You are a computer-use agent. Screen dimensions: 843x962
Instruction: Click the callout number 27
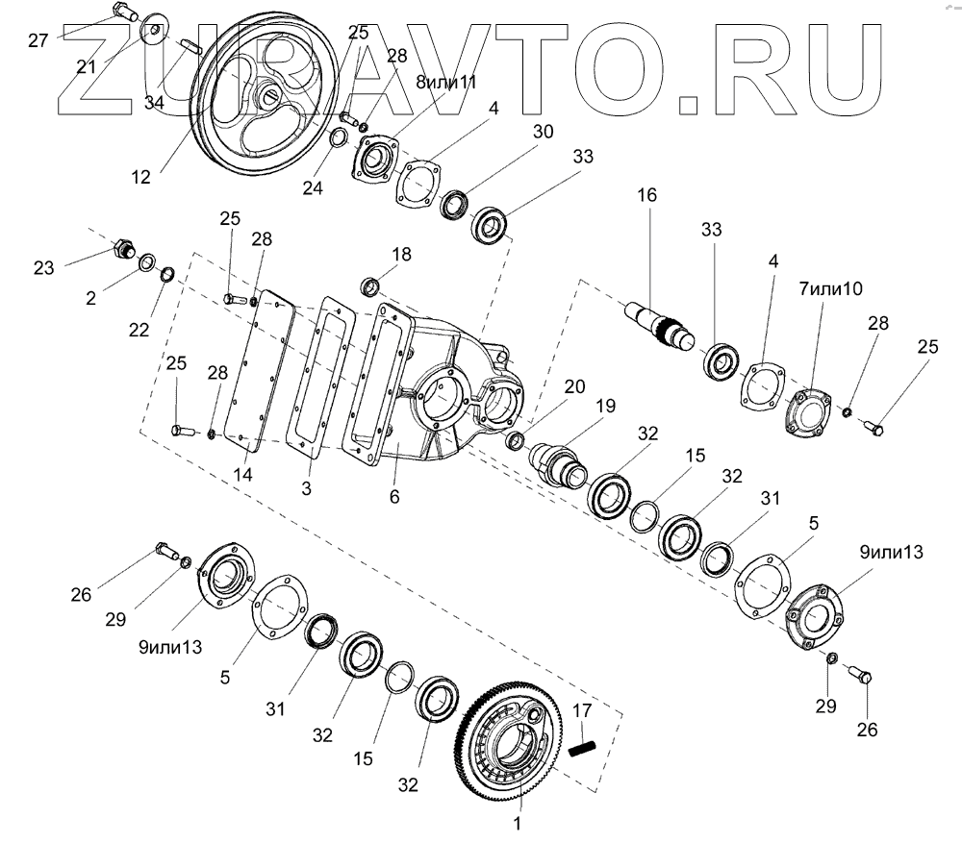point(38,40)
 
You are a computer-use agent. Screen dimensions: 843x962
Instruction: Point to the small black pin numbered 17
point(583,747)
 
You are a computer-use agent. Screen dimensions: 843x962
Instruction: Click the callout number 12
point(140,177)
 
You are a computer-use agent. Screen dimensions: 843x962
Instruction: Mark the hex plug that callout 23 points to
point(122,250)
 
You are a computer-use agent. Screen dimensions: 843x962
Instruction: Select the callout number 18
point(401,254)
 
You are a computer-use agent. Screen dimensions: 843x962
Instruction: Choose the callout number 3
point(306,488)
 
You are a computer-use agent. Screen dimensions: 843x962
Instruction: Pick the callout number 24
point(312,189)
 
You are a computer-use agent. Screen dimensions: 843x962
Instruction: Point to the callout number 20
point(574,386)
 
